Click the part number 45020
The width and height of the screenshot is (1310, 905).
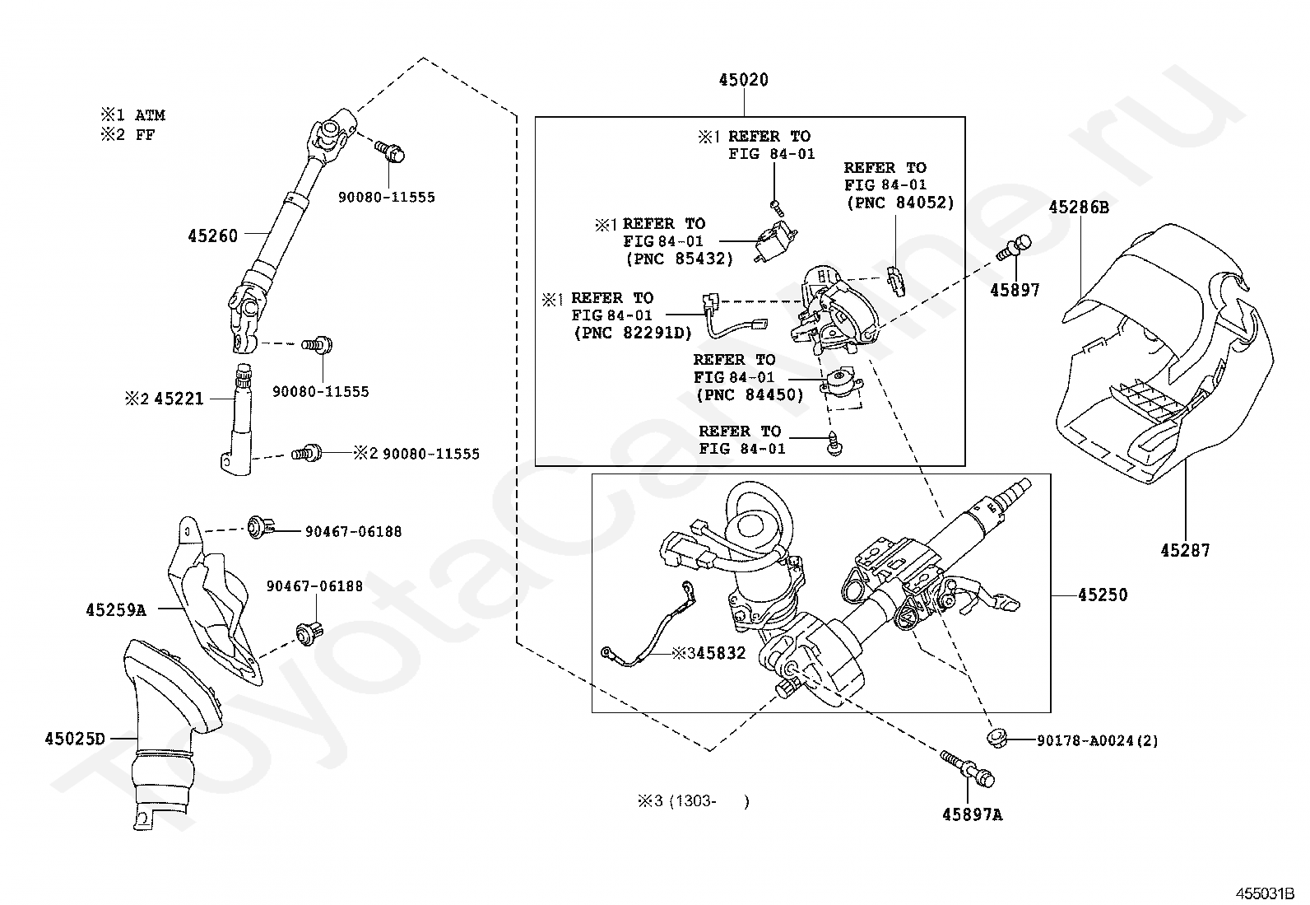(743, 80)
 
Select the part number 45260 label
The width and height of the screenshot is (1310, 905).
(212, 236)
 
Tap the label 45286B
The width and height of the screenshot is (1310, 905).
(1078, 208)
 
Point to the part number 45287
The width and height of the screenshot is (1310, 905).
(1185, 550)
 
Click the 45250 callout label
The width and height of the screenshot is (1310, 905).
(1103, 595)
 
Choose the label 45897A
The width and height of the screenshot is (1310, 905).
(973, 814)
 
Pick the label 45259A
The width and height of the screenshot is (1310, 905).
(115, 610)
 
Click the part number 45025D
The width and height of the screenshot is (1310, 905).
(75, 739)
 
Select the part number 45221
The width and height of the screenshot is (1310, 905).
(179, 399)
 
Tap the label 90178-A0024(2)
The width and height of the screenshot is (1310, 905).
(1097, 740)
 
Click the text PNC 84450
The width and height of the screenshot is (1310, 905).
(749, 395)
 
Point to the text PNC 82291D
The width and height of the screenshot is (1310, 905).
(633, 333)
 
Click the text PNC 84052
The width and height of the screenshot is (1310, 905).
(899, 203)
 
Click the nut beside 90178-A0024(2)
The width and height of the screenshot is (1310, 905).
(998, 737)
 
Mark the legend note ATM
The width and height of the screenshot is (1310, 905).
(150, 115)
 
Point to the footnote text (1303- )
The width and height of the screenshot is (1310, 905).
(708, 800)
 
